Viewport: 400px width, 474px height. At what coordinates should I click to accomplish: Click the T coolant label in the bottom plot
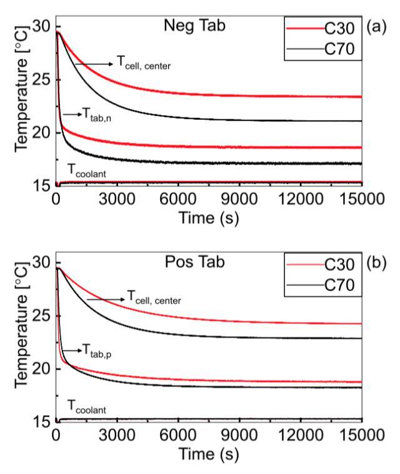[85, 409]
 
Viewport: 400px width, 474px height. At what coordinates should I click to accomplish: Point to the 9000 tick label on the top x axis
[240, 199]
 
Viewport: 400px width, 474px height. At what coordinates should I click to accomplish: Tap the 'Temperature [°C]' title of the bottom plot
[21, 338]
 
